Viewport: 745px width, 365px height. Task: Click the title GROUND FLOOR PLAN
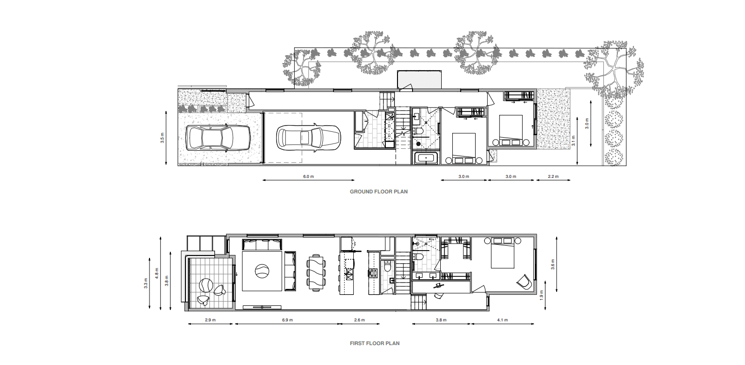pyautogui.click(x=379, y=191)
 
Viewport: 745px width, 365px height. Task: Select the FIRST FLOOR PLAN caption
pyautogui.click(x=375, y=343)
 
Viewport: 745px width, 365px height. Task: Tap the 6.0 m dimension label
pyautogui.click(x=308, y=176)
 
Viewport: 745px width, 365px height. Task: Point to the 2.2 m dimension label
pyautogui.click(x=553, y=176)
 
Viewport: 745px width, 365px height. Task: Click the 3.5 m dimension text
pyautogui.click(x=162, y=138)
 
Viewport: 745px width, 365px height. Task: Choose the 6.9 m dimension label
pyautogui.click(x=287, y=320)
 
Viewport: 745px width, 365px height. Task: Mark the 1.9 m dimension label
pyautogui.click(x=541, y=295)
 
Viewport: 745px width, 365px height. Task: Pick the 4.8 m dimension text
pyautogui.click(x=157, y=273)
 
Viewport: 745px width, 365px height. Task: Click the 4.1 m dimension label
pyautogui.click(x=502, y=320)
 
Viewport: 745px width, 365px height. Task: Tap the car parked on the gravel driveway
pyautogui.click(x=218, y=138)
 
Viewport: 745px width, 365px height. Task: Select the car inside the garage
pyautogui.click(x=308, y=138)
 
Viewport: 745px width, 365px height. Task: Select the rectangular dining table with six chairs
pyautogui.click(x=315, y=272)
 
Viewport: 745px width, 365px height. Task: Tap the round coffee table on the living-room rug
pyautogui.click(x=262, y=271)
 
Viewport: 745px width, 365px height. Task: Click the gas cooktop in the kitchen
pyautogui.click(x=373, y=273)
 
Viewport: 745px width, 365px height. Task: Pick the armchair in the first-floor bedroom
pyautogui.click(x=524, y=282)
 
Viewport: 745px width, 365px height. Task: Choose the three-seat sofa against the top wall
pyautogui.click(x=262, y=244)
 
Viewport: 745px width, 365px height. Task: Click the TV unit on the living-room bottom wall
pyautogui.click(x=262, y=307)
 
